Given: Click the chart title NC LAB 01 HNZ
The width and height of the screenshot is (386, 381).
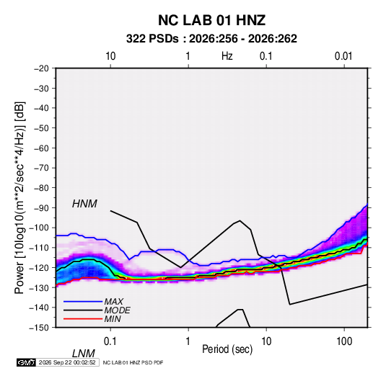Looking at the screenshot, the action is [211, 20].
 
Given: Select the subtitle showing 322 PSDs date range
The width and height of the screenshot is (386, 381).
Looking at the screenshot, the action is [211, 39].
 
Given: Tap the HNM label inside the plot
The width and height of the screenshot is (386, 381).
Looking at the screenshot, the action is [84, 204].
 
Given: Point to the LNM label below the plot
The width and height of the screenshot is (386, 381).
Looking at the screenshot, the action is [83, 354].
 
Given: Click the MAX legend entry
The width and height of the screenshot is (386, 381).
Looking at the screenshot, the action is [114, 301].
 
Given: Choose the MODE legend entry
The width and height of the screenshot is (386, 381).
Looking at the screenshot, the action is [117, 310].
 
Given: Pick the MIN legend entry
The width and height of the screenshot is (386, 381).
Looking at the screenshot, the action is [113, 319].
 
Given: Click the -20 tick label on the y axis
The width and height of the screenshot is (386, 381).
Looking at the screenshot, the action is [41, 68].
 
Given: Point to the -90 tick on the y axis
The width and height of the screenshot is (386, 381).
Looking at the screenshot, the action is [41, 208].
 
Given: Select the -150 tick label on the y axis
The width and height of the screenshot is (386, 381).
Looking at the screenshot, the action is [39, 328].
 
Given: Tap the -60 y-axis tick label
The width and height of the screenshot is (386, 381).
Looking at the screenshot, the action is [41, 148].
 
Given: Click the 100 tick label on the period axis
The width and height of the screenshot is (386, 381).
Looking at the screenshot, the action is [344, 341].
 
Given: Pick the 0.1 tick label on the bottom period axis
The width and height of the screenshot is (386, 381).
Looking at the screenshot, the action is [110, 341].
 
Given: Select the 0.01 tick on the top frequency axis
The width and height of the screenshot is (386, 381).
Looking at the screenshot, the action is [343, 56].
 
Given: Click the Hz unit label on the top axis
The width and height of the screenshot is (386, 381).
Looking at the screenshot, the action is [227, 56].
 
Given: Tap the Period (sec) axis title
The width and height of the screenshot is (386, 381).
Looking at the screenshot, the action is [227, 349].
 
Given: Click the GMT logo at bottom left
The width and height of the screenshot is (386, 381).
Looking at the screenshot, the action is [26, 362].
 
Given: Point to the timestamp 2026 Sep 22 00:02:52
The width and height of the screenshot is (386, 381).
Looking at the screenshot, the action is [67, 362].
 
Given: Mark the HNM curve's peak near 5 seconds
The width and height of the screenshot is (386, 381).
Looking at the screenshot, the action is [240, 220].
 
